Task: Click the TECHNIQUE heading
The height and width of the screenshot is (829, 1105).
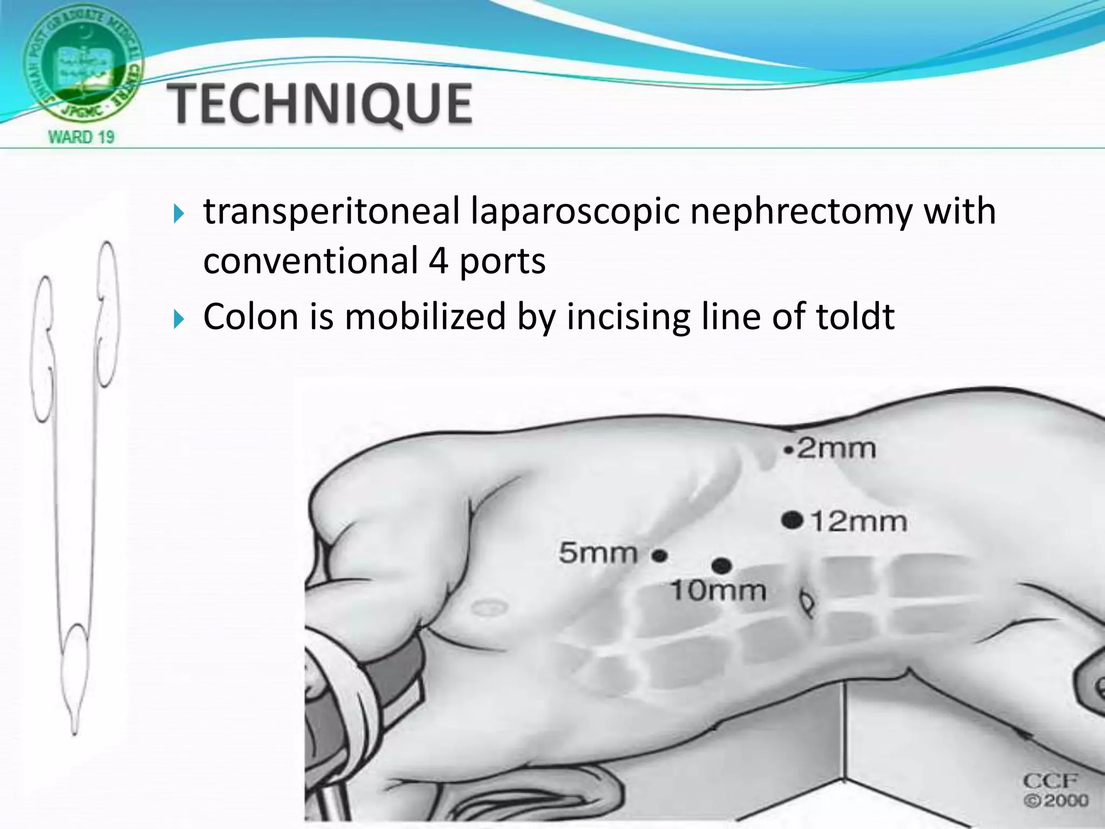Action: [x=320, y=104]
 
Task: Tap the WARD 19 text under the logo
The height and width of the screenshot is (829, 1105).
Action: [x=82, y=137]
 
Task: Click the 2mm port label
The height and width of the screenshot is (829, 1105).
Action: [x=836, y=449]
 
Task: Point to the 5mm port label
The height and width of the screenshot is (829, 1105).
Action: [x=598, y=553]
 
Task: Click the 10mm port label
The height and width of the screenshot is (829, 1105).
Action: [x=718, y=591]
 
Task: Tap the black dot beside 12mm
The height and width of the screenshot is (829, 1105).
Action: [x=792, y=520]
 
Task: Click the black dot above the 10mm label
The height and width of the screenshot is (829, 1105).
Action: [x=721, y=566]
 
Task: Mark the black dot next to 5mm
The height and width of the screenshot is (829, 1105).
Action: [x=659, y=555]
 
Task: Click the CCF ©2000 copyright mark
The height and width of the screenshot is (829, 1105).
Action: [x=1055, y=790]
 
